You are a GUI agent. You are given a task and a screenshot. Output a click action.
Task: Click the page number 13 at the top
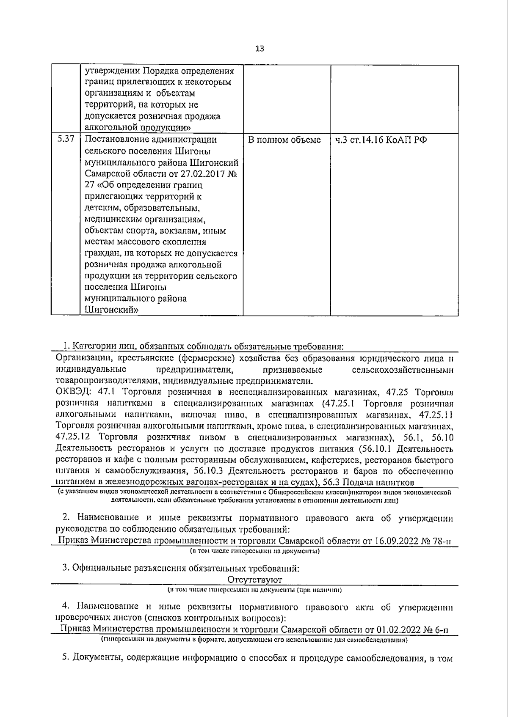point(260,49)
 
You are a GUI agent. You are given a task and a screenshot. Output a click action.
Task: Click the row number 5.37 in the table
point(66,139)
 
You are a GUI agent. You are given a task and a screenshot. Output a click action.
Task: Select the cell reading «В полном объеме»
point(284,140)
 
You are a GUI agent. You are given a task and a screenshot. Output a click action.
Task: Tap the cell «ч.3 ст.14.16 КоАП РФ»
point(381,140)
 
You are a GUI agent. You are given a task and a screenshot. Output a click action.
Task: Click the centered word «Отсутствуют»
point(255,580)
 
